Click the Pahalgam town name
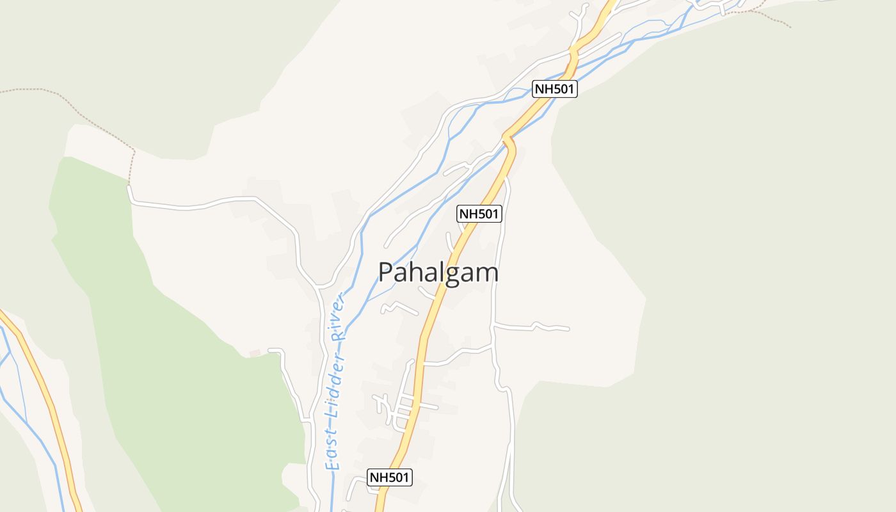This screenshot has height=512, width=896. point(438,273)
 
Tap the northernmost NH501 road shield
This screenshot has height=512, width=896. point(554,89)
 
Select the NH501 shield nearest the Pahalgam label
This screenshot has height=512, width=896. point(479,214)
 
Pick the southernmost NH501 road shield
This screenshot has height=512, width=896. point(389,477)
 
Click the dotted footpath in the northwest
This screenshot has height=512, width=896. point(77,109)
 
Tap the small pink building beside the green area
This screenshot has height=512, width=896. point(255,353)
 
